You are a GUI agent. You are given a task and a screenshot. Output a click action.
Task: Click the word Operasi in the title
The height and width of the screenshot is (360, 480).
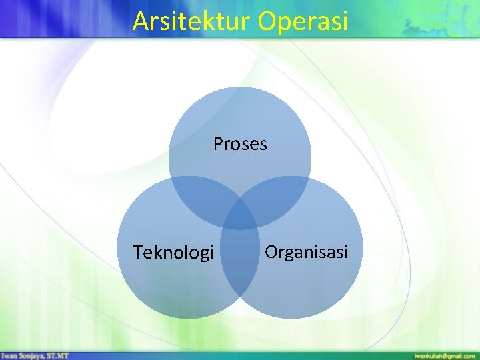[x=304, y=21]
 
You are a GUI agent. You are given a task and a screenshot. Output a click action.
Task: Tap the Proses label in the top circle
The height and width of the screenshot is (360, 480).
[x=240, y=143]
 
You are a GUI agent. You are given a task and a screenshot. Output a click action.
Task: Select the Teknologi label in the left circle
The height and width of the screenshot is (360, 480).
[x=173, y=253]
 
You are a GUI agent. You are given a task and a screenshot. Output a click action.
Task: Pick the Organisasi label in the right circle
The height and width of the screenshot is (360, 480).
[x=307, y=252]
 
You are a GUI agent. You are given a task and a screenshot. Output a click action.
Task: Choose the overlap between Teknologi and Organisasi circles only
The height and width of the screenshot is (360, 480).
[x=240, y=267]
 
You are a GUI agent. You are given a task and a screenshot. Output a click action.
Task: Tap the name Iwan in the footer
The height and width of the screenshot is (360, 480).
[x=9, y=355]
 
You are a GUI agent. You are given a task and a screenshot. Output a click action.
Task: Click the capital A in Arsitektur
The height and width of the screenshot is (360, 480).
[x=140, y=21]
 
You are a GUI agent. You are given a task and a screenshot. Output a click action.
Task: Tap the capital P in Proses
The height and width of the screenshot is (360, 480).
[x=218, y=143]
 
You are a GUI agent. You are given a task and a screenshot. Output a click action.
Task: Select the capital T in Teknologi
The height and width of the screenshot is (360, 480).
[x=137, y=253]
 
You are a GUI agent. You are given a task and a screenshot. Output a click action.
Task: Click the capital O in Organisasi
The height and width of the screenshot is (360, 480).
[x=271, y=252]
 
